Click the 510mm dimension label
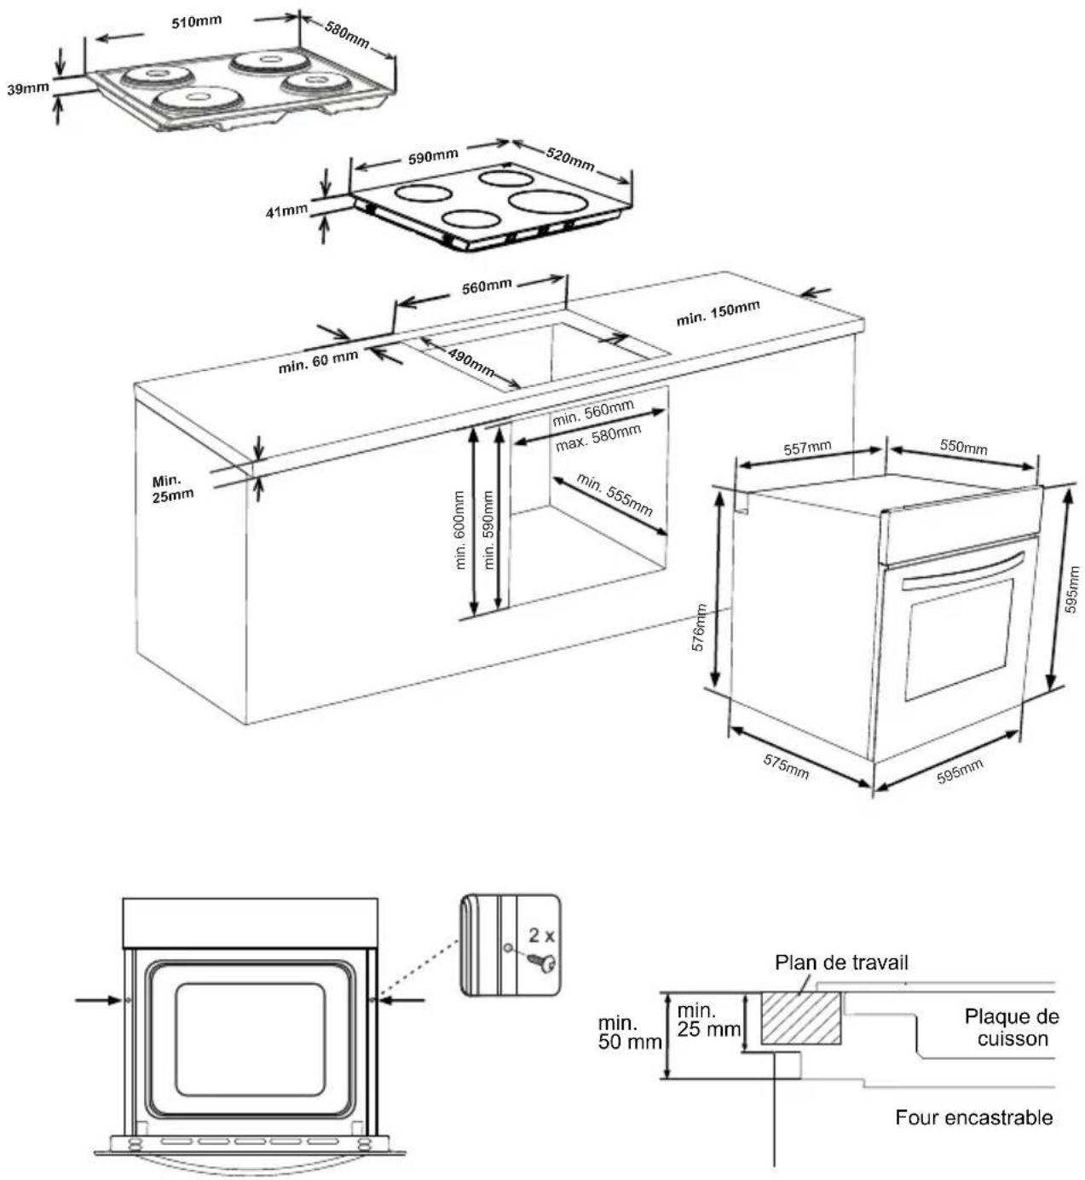coord(197,23)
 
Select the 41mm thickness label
coord(286,210)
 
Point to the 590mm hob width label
coord(433,158)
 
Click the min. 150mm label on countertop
coord(718,313)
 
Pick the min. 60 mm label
coord(318,362)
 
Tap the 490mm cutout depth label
coord(470,363)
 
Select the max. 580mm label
coord(597,438)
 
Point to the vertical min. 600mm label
coord(460,529)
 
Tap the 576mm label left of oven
coord(700,628)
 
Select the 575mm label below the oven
coord(785,766)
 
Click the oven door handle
coord(963,571)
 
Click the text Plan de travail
coord(841,963)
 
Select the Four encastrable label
coord(973,1117)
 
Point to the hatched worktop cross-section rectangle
coord(800,1019)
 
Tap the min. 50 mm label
coord(629,1032)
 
